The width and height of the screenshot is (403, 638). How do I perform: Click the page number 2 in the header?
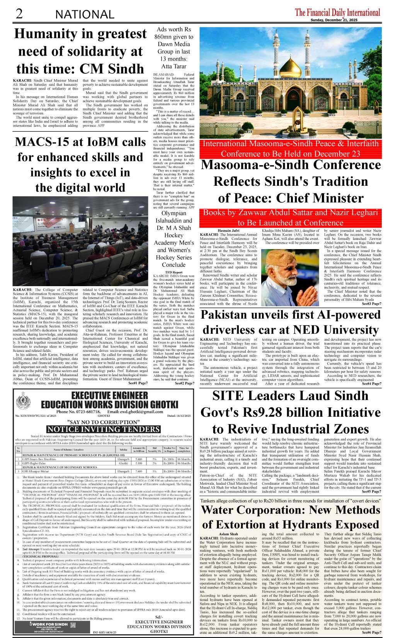[x=19, y=14]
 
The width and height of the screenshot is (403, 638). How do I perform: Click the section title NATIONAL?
[x=85, y=15]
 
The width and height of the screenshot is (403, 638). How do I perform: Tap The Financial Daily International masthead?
[x=337, y=12]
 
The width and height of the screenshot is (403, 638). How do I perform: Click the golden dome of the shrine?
[x=290, y=64]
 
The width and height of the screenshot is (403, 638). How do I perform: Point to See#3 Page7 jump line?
[x=371, y=304]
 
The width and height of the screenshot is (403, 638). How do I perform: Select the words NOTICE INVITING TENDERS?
[x=103, y=429]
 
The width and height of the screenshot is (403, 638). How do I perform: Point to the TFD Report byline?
[x=173, y=272]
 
